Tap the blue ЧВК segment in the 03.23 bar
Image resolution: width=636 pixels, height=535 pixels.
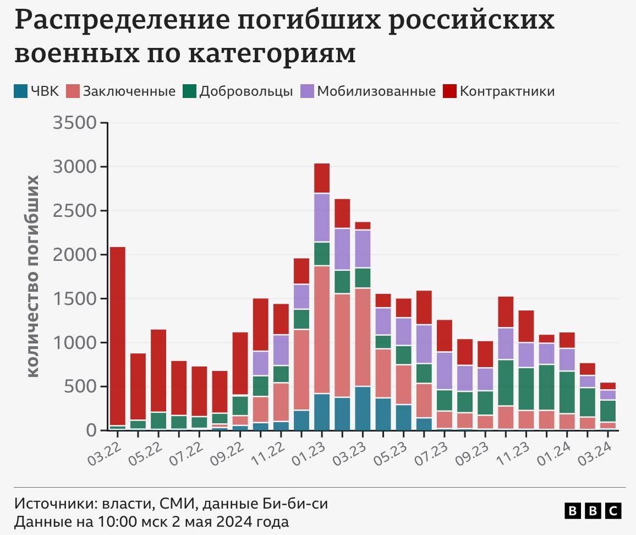363,408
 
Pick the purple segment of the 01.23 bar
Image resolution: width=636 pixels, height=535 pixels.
322,217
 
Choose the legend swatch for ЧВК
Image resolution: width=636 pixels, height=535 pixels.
21,91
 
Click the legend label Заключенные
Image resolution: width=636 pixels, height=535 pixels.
129,91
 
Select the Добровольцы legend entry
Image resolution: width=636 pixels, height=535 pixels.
246,91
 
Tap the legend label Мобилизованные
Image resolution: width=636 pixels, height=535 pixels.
376,91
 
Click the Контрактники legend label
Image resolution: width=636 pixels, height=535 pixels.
507,91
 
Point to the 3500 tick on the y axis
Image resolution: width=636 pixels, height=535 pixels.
75,122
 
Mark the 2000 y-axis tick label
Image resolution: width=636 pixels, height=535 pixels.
75,254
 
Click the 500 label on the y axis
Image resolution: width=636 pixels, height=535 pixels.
83,386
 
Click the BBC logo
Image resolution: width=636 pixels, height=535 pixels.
593,511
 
